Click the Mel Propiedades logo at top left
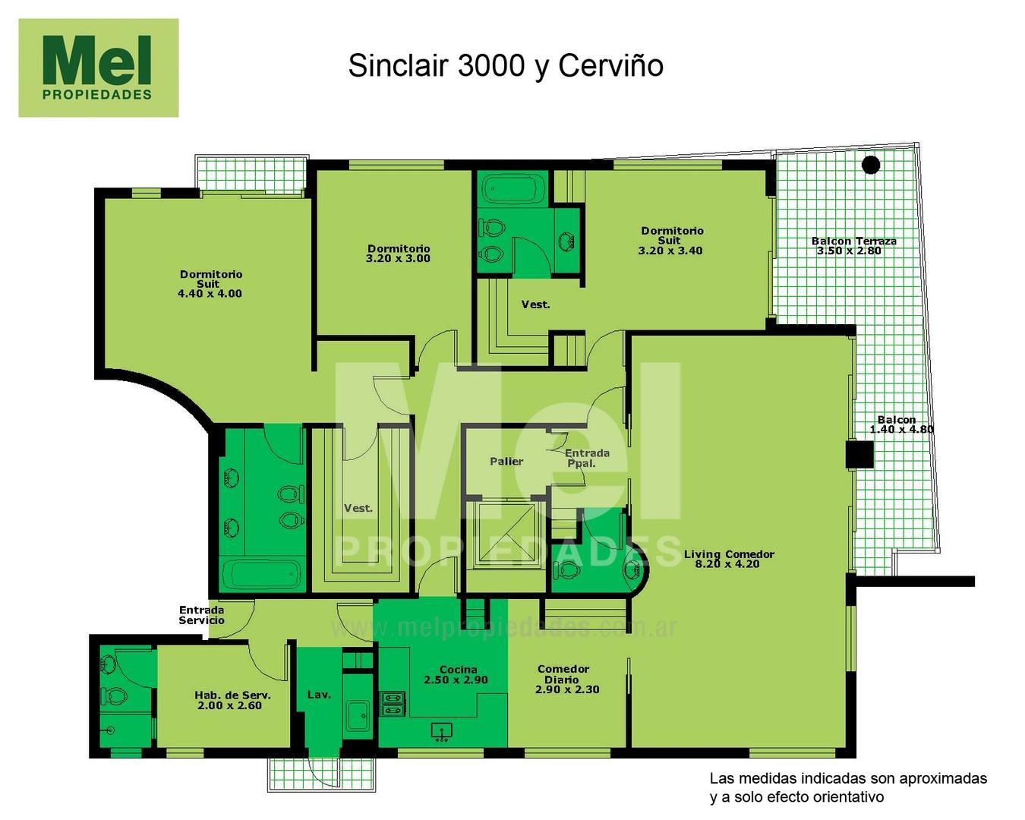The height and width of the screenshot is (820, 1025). tap(98, 68)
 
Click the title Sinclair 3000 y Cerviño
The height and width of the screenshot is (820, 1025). tap(506, 66)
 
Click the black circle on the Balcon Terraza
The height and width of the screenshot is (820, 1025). tap(871, 164)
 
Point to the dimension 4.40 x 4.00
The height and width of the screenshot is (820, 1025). tap(210, 294)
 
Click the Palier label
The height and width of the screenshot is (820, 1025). tap(506, 461)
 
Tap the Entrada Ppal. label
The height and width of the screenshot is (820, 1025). tap(587, 458)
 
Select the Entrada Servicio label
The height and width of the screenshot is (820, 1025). tap(202, 615)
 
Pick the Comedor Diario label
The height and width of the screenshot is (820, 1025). tap(563, 674)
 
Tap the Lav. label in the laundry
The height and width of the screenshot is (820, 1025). tap(319, 694)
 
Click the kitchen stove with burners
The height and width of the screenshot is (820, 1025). tap(393, 703)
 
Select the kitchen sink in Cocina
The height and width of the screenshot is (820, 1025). tap(441, 731)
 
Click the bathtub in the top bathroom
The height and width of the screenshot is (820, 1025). tap(514, 189)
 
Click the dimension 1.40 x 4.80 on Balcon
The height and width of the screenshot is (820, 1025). tap(901, 429)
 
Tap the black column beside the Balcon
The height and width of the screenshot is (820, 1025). tap(859, 455)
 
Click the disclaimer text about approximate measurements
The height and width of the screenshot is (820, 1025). tap(847, 787)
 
